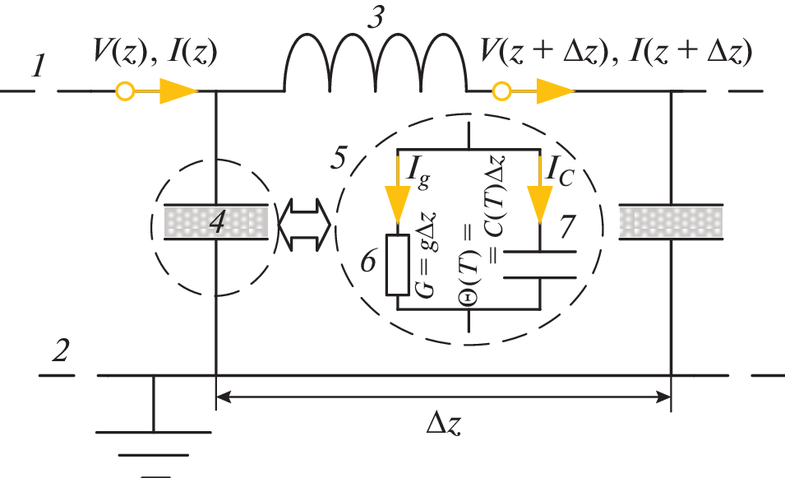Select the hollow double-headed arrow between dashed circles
pyautogui.click(x=303, y=221)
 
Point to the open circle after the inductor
pyautogui.click(x=499, y=90)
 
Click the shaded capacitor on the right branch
pyautogui.click(x=672, y=222)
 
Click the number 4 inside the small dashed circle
pyautogui.click(x=217, y=222)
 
